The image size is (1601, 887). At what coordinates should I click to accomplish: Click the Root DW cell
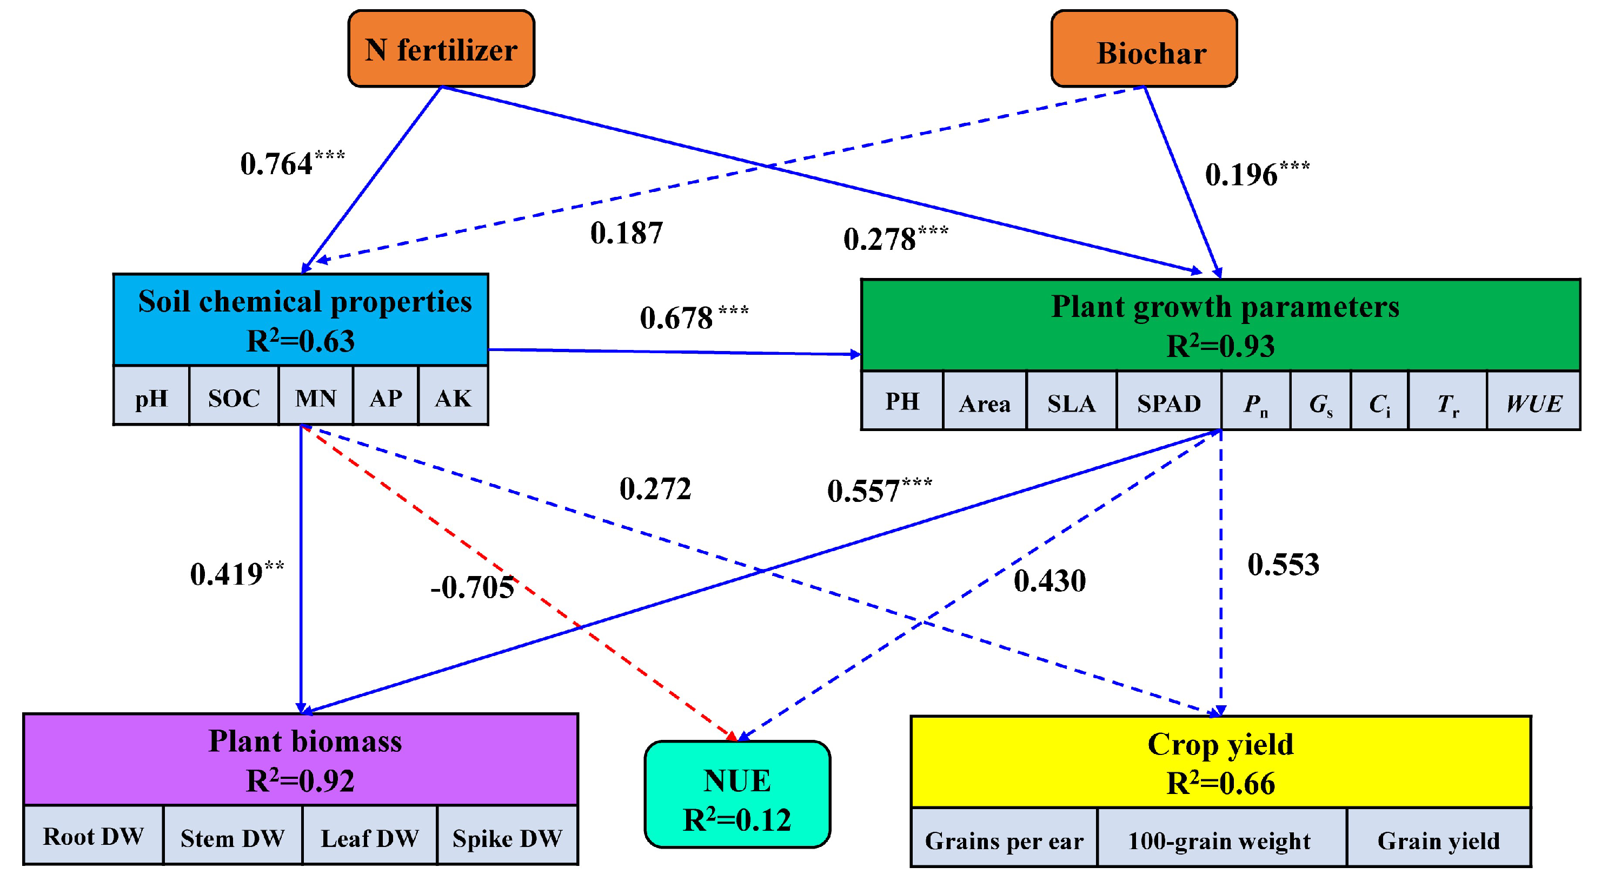coord(93,836)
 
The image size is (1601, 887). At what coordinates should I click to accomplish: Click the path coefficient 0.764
coord(277,164)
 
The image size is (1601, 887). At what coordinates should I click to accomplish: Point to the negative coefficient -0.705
coord(473,587)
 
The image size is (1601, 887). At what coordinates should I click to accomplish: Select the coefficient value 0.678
coord(677,317)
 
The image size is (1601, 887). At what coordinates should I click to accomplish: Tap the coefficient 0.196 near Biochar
coord(1241,174)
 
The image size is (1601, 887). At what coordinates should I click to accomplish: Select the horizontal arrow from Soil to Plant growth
coord(674,352)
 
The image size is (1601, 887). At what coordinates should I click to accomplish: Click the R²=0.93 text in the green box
coord(1220,346)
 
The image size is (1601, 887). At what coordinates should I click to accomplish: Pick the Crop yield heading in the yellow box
coord(1220,744)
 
